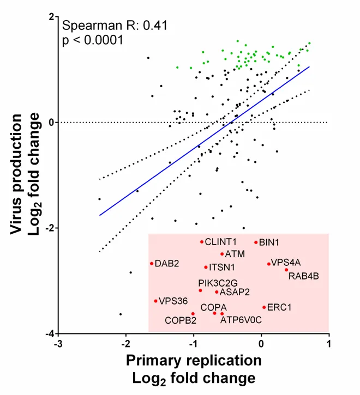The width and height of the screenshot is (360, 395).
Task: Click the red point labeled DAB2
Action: click(152, 264)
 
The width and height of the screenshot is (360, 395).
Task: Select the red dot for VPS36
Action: click(155, 301)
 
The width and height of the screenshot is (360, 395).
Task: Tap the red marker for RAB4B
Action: click(286, 270)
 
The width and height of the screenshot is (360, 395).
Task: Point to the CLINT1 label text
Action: click(221, 241)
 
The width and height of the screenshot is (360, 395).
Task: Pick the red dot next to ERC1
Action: click(264, 307)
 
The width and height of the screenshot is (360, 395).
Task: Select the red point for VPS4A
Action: click(269, 264)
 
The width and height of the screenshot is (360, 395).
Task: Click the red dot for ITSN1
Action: click(206, 267)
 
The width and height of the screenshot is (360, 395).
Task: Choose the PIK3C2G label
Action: click(218, 283)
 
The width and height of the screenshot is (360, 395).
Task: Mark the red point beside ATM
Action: click(222, 254)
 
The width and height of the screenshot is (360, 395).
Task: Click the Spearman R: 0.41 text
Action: click(115, 25)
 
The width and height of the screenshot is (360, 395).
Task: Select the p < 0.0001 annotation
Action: click(93, 40)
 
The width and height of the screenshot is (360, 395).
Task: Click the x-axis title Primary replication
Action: click(194, 361)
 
